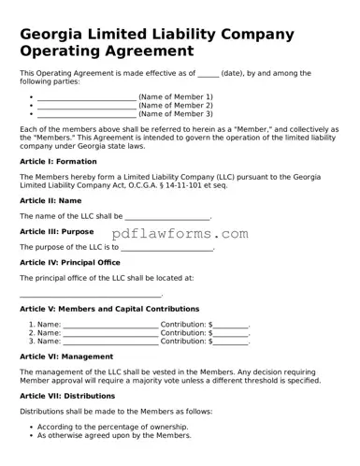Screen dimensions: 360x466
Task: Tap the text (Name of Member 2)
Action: click(x=176, y=106)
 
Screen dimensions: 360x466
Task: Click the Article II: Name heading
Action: click(x=50, y=200)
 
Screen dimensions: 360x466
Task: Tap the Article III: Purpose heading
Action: click(x=56, y=231)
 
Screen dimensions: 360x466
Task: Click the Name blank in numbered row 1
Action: click(x=110, y=324)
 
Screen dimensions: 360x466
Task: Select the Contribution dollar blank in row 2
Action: click(x=230, y=333)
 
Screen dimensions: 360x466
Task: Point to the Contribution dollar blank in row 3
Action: click(x=230, y=342)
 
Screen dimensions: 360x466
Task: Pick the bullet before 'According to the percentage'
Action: click(x=32, y=427)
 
